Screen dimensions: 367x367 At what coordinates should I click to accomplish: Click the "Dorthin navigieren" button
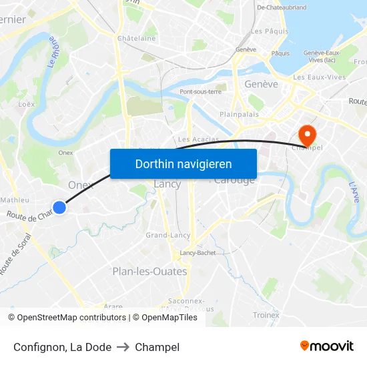pos(183,164)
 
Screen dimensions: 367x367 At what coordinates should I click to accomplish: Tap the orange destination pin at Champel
pos(308,133)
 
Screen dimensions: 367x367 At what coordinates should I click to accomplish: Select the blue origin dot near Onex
pos(59,208)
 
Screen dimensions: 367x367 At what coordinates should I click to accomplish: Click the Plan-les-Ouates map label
pos(149,272)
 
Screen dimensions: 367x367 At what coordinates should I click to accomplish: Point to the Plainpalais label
pos(239,114)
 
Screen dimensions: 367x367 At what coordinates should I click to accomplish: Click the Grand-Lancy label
pos(168,235)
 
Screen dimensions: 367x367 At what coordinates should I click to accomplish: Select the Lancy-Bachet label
pos(198,253)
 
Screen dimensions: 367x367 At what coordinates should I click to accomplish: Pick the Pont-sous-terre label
pos(200,91)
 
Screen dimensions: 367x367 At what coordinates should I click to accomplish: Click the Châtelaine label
pos(136,38)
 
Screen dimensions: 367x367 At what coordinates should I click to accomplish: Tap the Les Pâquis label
pos(270,31)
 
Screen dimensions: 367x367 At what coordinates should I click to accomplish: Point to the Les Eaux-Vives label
pos(319,77)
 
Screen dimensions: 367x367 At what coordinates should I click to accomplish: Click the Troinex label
pos(266,315)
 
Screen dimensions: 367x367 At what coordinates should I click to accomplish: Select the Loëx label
pos(27,104)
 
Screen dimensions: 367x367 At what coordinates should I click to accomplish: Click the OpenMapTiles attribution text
pos(169,318)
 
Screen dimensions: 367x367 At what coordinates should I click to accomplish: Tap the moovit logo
pos(326,346)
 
